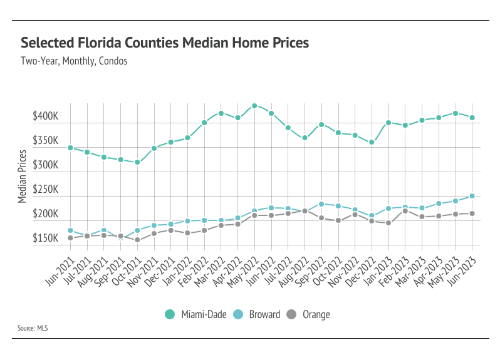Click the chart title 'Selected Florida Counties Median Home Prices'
165,43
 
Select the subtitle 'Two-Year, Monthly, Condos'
74,61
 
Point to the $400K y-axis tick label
46,117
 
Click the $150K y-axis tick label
46,239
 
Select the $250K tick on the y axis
46,190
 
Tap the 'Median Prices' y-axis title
22,177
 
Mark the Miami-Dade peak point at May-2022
254,106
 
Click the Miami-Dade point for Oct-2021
137,162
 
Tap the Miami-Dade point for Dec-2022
372,142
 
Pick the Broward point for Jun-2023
472,196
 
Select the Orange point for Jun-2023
472,213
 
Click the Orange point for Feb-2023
405,211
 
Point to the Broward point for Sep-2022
321,204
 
